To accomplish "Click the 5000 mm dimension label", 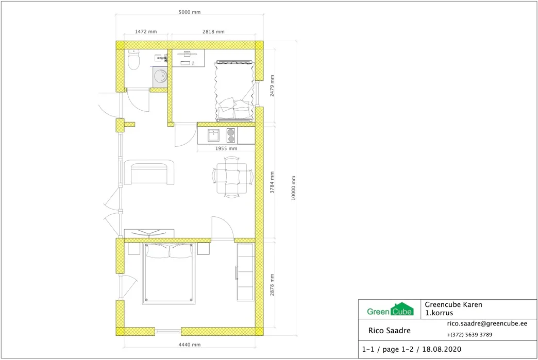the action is point(190,12).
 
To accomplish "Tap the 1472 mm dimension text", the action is point(146,31).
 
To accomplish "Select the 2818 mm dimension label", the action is point(213,31).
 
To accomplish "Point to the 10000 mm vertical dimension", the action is point(293,188).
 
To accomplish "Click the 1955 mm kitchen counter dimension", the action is point(226,148).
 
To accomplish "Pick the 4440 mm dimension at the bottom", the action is point(190,345).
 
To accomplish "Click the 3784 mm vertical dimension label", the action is point(272,182).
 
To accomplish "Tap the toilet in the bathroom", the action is point(133,59).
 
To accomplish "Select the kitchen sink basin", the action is point(213,136).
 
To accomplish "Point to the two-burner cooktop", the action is point(231,135).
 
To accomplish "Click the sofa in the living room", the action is point(149,172).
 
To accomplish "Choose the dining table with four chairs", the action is point(231,177).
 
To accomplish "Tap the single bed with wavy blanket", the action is point(235,91).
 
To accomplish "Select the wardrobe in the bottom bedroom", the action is point(245,272).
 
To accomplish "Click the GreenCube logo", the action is point(390,309).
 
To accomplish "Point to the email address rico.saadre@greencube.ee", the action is point(487,323).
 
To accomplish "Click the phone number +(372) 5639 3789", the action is point(469,335).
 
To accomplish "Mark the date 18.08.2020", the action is point(442,349).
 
